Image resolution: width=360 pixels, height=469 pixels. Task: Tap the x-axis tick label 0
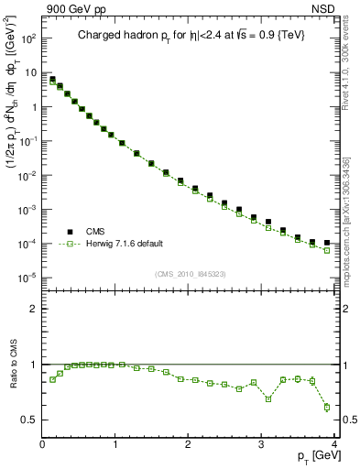click(42, 445)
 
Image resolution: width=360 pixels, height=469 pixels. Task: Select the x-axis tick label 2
click(189, 445)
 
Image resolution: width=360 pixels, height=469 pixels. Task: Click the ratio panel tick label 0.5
click(29, 420)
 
